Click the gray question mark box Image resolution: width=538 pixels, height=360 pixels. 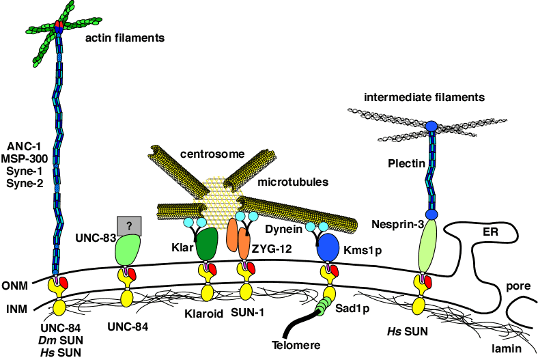point(129,224)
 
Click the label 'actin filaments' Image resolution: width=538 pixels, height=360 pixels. point(125,38)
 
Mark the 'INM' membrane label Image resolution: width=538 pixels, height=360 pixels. point(14,309)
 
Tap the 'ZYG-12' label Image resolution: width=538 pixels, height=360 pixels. point(274,249)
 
